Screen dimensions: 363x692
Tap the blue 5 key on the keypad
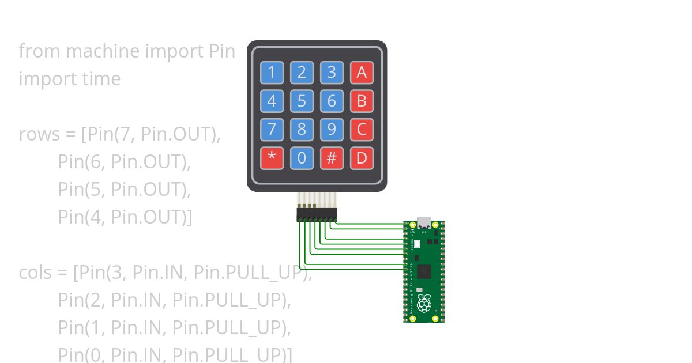point(302,101)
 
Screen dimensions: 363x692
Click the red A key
point(362,73)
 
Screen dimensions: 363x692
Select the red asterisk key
point(272,158)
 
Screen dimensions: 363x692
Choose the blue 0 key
point(302,158)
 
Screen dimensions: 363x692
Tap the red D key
point(362,158)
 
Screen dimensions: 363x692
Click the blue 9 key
point(332,130)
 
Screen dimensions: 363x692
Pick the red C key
point(362,130)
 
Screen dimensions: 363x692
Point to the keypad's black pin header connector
point(317,215)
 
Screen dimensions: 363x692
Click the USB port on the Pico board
point(424,222)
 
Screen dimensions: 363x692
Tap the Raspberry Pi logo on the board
point(424,303)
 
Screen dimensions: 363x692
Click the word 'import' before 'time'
point(41,79)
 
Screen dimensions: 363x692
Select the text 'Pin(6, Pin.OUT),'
point(124,162)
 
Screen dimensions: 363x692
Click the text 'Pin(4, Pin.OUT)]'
point(125,217)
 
